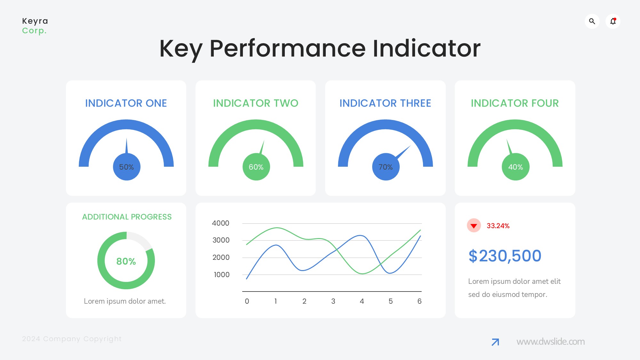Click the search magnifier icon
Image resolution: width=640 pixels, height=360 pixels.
[x=592, y=21]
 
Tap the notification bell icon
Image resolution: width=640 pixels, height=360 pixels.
[x=613, y=21]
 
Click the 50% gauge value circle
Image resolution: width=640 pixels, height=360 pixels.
[x=127, y=167]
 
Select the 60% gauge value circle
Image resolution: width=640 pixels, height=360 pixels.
[x=256, y=167]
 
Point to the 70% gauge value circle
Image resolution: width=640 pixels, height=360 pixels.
[x=386, y=167]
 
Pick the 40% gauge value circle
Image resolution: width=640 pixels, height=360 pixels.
[x=516, y=167]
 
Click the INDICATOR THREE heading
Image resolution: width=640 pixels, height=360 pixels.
[x=385, y=103]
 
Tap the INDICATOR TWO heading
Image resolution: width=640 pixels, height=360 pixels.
[x=256, y=103]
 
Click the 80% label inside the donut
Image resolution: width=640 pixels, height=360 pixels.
[x=126, y=261]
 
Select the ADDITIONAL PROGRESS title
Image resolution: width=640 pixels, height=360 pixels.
[x=127, y=217]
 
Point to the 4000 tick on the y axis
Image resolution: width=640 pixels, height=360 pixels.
[x=220, y=223]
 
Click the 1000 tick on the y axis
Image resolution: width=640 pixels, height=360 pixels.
[x=221, y=275]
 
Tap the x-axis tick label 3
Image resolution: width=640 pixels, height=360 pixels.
[x=333, y=301]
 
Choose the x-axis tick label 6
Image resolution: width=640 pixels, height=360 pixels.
[x=420, y=301]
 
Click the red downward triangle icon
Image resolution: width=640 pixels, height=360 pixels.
[x=474, y=226]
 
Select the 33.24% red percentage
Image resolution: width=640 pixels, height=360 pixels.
[x=498, y=226]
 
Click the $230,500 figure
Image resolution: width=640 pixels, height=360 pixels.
[x=505, y=256]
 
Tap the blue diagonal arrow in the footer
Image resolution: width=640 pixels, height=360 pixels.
[x=495, y=342]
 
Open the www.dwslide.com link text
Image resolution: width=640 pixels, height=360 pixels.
[x=550, y=342]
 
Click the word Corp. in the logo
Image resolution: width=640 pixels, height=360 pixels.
[x=34, y=31]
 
